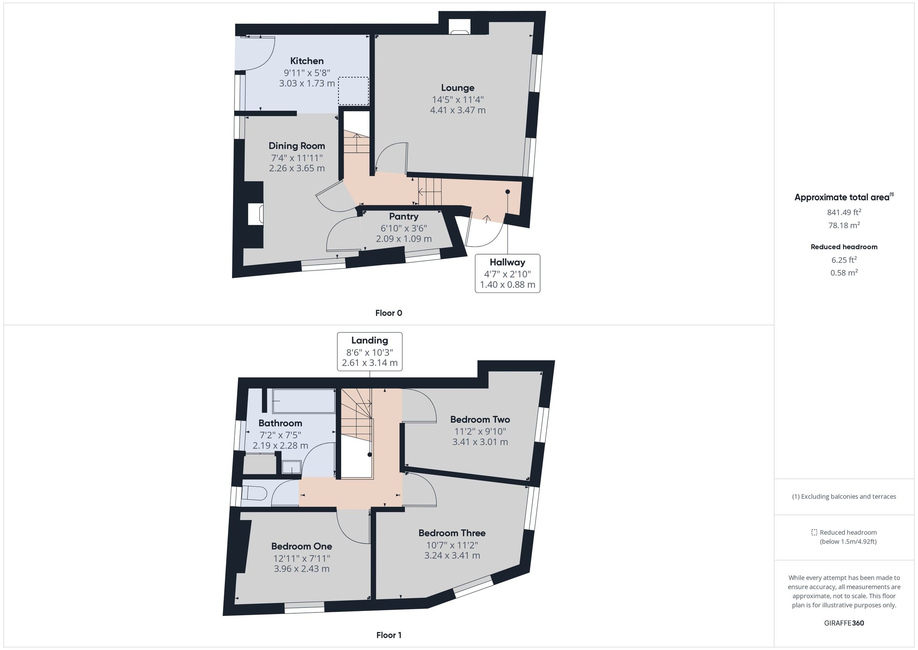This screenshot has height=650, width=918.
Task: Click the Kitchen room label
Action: [307, 61]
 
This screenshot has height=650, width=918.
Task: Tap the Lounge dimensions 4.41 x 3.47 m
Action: [458, 110]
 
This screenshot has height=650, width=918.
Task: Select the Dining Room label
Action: [297, 146]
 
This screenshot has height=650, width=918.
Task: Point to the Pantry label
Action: [404, 217]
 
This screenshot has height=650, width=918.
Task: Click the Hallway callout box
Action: [507, 273]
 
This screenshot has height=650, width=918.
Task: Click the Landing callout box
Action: [369, 351]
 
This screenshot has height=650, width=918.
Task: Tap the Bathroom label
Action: [280, 423]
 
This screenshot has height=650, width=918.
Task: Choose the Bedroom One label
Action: [301, 546]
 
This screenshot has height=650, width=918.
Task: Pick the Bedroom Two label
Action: [480, 420]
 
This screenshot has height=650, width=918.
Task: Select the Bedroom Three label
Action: [452, 533]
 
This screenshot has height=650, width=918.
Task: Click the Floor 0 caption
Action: [389, 313]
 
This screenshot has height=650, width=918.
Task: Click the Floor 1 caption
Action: [389, 635]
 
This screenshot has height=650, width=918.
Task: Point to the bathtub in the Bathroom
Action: [304, 401]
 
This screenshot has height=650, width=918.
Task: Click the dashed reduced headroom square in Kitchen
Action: [353, 91]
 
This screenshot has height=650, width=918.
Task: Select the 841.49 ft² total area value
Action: [844, 212]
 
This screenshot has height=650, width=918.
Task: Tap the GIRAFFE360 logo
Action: [844, 623]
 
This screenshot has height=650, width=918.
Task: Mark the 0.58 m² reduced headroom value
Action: [844, 273]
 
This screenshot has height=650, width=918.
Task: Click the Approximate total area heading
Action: [844, 197]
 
